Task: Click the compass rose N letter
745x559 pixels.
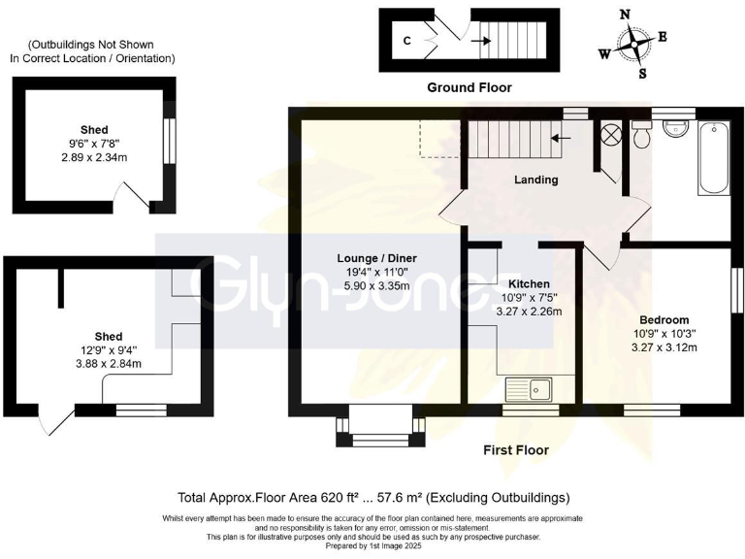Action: point(626,15)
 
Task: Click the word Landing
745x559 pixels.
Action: point(535,180)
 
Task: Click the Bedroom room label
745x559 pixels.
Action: point(664,320)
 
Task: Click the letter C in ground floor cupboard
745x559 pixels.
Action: point(406,42)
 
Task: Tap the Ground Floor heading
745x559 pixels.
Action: point(470,87)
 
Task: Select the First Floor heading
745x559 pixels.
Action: point(516,450)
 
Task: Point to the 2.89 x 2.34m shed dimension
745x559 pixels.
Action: point(94,157)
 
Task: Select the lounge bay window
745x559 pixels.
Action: point(379,428)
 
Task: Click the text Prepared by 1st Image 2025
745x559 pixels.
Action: point(372,545)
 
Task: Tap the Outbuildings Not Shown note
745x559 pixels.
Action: point(92,51)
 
